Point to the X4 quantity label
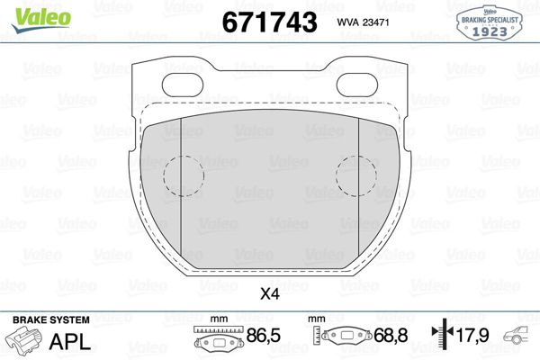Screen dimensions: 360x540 269,292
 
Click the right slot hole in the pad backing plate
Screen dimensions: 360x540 357,84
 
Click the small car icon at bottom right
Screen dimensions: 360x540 520,339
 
